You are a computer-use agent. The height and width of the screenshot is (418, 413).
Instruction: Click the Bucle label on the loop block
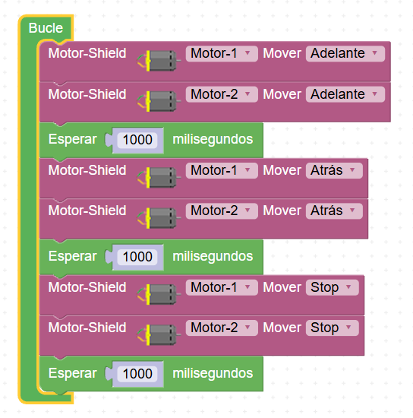(46, 28)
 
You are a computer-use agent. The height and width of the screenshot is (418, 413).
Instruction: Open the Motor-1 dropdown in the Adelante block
(222, 54)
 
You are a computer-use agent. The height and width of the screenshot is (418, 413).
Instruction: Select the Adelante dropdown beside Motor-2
(345, 94)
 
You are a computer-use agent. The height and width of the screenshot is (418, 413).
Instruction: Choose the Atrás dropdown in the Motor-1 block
(334, 170)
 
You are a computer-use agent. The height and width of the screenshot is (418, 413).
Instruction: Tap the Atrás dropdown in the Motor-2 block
(334, 211)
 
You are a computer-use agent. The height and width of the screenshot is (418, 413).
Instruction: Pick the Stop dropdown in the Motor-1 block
(333, 287)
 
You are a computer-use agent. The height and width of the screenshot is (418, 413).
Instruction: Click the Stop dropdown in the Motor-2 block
(333, 328)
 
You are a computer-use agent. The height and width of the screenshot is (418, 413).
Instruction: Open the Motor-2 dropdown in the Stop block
(222, 328)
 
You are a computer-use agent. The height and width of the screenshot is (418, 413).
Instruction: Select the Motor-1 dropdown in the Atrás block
(222, 170)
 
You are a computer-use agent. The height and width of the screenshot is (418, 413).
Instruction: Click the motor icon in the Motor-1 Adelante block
(159, 61)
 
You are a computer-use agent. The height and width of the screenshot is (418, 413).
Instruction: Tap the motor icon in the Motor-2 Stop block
(159, 335)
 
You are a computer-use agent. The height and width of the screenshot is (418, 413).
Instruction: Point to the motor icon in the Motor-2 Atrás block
(159, 218)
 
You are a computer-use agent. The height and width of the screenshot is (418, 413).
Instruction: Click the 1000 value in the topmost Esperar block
(137, 140)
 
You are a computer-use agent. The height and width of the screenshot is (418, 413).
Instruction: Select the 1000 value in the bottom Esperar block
(137, 374)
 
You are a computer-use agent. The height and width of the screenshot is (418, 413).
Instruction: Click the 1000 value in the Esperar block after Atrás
(137, 257)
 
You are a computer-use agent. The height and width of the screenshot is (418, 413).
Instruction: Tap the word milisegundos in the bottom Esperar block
(213, 373)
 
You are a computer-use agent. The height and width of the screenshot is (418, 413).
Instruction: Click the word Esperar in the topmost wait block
(72, 139)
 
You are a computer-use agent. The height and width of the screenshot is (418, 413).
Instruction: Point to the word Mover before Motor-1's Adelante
(282, 53)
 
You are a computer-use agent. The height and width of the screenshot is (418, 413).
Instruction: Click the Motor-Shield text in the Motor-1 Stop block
(87, 287)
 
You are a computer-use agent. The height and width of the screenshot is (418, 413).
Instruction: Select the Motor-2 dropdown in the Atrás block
(222, 211)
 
